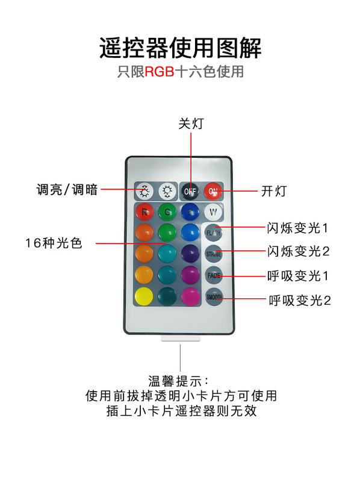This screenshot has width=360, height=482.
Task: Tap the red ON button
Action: [x=213, y=191]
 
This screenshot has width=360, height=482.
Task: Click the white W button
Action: [x=213, y=211]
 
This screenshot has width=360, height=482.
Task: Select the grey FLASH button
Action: [x=213, y=233]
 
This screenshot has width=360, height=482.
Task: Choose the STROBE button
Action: [x=214, y=254]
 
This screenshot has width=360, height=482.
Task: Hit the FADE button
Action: [x=214, y=275]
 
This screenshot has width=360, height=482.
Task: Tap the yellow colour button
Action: [x=144, y=296]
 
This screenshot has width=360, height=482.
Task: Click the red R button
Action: [x=144, y=211]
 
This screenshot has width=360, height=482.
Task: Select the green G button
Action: [x=167, y=211]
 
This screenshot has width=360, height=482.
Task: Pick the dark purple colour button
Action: [x=190, y=254]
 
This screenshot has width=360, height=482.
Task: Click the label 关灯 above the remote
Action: [x=191, y=124]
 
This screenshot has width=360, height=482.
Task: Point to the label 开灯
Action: [x=274, y=191]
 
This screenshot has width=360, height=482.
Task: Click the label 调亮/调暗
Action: [x=67, y=189]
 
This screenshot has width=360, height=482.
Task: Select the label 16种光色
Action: [x=54, y=243]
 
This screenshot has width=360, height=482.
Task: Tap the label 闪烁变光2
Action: [x=298, y=251]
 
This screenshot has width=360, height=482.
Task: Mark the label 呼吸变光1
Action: [x=297, y=276]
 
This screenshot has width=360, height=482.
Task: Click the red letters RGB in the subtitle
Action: [x=160, y=72]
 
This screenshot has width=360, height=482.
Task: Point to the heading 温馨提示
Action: [x=178, y=381]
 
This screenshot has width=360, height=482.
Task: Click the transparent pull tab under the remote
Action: [x=181, y=339]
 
